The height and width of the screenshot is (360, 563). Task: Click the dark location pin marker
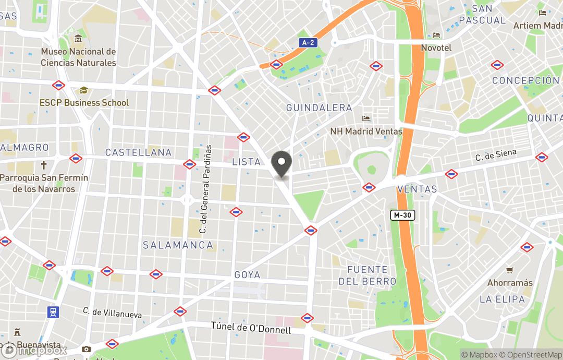(282, 164)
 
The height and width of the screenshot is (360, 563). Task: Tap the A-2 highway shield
(309, 42)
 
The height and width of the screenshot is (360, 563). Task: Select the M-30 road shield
(403, 215)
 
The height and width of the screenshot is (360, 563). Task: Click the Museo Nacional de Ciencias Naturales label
(78, 57)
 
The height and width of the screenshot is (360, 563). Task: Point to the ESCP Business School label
(84, 103)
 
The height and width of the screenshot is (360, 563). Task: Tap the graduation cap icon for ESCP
(84, 91)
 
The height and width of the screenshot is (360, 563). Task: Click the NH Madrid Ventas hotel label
(366, 131)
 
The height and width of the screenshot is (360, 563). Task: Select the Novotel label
(436, 47)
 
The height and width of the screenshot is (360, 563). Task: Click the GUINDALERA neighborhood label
(319, 107)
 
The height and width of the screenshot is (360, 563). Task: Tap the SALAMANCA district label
(178, 245)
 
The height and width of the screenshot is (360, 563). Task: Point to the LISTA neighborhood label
(246, 162)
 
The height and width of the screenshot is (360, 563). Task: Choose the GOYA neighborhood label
(247, 275)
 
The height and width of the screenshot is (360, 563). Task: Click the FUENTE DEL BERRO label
(367, 275)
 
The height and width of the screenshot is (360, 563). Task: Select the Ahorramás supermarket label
(510, 283)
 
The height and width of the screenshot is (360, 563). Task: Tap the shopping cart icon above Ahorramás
(510, 270)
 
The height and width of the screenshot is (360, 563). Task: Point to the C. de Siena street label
(496, 155)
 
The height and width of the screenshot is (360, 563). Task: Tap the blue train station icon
(53, 312)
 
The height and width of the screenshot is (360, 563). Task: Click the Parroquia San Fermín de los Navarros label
(44, 183)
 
